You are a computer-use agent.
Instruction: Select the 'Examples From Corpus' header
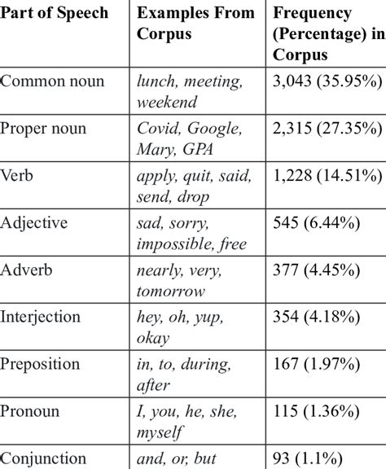click(x=191, y=25)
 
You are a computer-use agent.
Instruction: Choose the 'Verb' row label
click(x=19, y=175)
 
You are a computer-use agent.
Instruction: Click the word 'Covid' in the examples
click(x=156, y=129)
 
